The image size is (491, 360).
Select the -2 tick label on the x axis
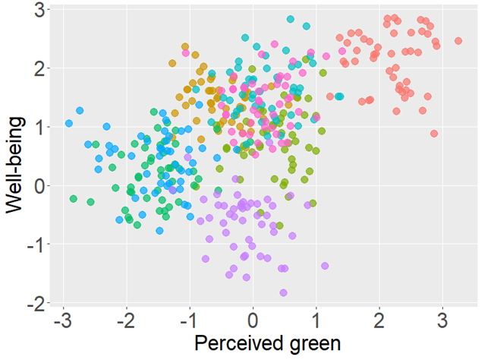coord(126,319)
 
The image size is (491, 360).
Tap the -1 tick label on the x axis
coord(189,319)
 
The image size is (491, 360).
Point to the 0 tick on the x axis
coord(253,319)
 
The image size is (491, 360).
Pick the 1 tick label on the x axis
coord(316,319)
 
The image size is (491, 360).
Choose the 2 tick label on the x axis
coord(379,319)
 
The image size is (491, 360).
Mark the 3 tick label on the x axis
coord(442,319)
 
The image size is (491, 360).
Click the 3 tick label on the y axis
coord(38,10)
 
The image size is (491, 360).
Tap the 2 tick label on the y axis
coord(38,68)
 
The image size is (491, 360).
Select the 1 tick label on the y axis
coord(38,127)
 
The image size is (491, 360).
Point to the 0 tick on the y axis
coord(38,185)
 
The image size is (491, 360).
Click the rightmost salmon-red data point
coord(458,41)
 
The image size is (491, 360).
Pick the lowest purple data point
coord(283,292)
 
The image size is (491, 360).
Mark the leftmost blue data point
coord(69,123)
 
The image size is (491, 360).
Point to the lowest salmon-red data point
coord(434,134)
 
